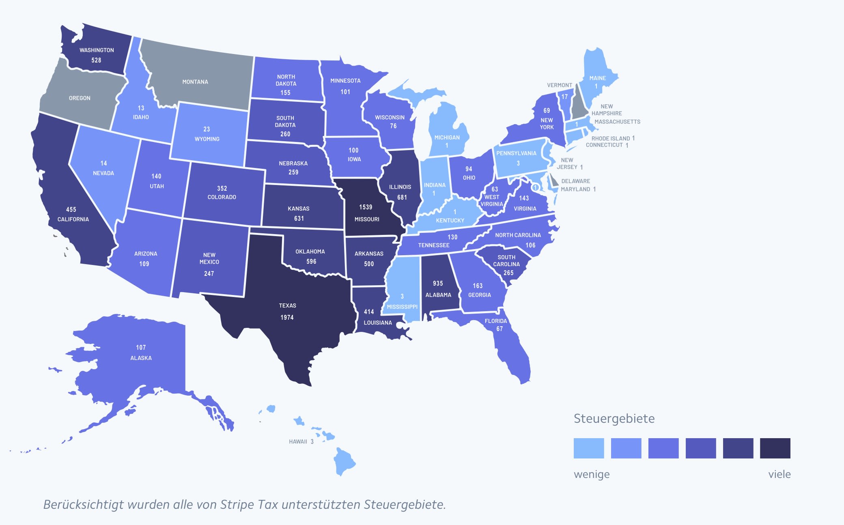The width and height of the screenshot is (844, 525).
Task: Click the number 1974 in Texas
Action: [x=287, y=317]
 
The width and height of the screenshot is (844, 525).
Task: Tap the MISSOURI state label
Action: [x=367, y=219]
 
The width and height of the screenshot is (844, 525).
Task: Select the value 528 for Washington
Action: [x=96, y=60]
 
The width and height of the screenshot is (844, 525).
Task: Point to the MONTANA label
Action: [x=195, y=82]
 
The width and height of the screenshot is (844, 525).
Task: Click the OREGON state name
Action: [x=80, y=98]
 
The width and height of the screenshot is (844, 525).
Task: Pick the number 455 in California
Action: [x=71, y=209]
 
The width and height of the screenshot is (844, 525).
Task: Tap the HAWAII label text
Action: [x=298, y=441]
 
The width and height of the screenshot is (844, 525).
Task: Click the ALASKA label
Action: [x=141, y=358]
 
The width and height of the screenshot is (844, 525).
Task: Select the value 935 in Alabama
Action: [x=438, y=283]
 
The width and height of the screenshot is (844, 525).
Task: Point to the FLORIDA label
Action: [x=496, y=321]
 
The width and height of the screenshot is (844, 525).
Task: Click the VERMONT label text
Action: [x=559, y=85]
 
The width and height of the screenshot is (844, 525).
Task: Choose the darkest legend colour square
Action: [x=775, y=448]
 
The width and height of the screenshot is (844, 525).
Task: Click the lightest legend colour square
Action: [x=589, y=448]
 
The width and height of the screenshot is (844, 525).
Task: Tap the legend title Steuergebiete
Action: [x=614, y=419]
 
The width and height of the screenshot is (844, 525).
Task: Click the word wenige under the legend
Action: [x=592, y=474]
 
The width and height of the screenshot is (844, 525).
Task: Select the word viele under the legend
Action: [x=779, y=474]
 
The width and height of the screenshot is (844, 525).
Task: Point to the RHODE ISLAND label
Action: [x=610, y=138]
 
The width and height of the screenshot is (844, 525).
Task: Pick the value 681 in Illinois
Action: [x=402, y=197]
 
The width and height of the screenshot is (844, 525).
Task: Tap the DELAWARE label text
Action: [x=575, y=181]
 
